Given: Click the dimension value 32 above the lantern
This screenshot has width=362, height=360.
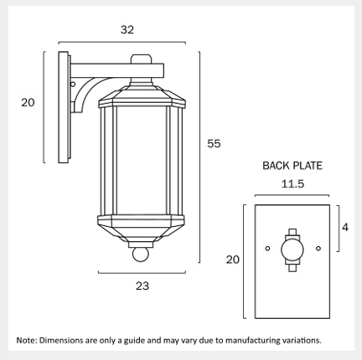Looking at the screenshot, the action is point(127,29).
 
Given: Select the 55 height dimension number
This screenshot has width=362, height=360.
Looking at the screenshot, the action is point(214,144).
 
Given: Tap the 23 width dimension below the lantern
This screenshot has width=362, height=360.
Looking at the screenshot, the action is point(142,285).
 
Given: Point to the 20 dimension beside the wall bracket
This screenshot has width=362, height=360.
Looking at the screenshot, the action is point(28,103).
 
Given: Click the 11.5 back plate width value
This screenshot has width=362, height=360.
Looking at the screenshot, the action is point(292,184).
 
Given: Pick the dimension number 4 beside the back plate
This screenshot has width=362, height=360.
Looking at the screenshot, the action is point(345,228).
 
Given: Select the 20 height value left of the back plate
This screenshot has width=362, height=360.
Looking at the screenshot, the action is point(233,260).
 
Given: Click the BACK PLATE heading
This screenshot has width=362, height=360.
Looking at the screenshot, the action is point(292,166).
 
